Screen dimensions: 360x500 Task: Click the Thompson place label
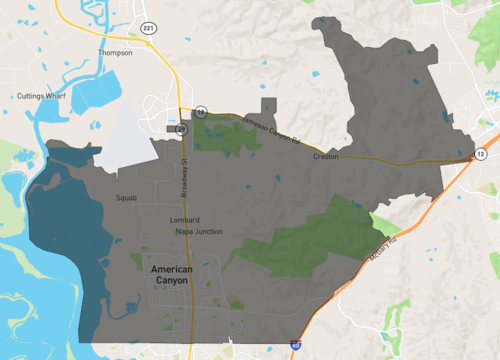click(x=115, y=52)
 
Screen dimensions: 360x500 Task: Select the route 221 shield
click(x=148, y=27)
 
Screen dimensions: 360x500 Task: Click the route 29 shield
click(x=181, y=130)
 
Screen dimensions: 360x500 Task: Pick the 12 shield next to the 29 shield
click(x=200, y=113)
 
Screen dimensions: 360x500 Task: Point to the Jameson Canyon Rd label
click(x=272, y=129)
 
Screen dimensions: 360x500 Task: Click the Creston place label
click(x=326, y=157)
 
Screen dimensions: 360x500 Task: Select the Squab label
click(x=126, y=198)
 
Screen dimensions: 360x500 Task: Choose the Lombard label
click(x=185, y=220)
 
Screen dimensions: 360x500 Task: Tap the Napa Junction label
click(x=199, y=232)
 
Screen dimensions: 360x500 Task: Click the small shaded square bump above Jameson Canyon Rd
click(x=269, y=108)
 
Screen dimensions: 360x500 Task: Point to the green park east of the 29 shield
click(x=225, y=134)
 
